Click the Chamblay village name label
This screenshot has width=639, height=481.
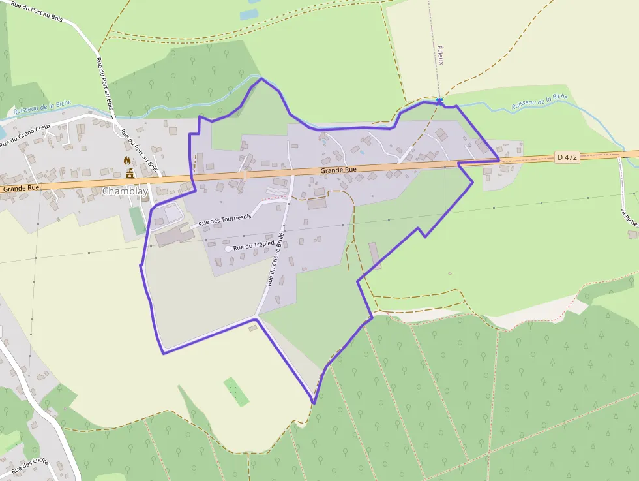pos(125,191)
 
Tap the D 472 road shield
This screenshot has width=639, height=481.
pos(567,157)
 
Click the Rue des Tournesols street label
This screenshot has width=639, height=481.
pos(225,222)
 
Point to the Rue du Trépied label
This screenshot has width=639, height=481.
pos(254,246)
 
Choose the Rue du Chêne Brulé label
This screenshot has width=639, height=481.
pos(275,258)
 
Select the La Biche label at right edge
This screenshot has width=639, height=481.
pos(629,217)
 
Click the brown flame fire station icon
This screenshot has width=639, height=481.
pos(128,160)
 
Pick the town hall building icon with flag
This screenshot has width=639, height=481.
pos(130,173)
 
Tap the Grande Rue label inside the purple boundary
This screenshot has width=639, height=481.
pos(338,170)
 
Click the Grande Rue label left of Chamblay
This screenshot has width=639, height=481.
pos(20,187)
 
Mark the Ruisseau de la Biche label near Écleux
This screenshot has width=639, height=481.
pos(539,101)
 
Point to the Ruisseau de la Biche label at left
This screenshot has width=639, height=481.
pos(42,106)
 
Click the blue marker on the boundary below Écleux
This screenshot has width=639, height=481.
pos(440,101)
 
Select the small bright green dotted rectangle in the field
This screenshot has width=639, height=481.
pos(236,391)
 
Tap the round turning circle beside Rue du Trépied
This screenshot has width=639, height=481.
pos(228,249)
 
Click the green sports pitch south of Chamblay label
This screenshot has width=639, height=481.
pos(136,220)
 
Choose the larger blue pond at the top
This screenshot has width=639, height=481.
pos(248,14)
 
